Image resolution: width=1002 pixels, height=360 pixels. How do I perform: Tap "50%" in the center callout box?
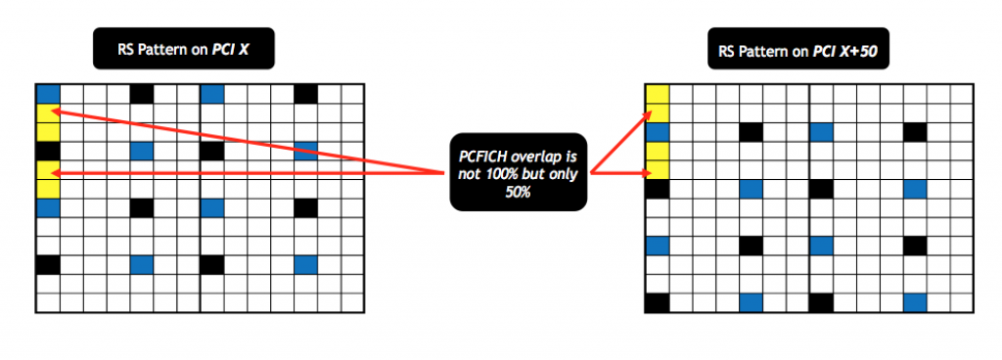click(x=519, y=191)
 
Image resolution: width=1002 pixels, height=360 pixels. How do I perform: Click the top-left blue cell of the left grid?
click(x=48, y=94)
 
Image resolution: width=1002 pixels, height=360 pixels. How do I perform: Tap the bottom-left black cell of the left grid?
click(x=48, y=264)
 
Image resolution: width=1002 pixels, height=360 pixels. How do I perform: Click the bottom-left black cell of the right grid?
click(x=657, y=302)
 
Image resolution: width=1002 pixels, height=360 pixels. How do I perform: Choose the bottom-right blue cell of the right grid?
click(x=916, y=302)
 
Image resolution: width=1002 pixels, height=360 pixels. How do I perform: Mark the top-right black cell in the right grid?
click(x=916, y=132)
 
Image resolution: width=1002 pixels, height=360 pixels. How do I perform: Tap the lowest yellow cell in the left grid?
click(x=48, y=189)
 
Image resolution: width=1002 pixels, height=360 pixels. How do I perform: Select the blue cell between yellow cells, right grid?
click(x=657, y=132)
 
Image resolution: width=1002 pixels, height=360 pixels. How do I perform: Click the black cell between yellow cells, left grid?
click(x=48, y=151)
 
